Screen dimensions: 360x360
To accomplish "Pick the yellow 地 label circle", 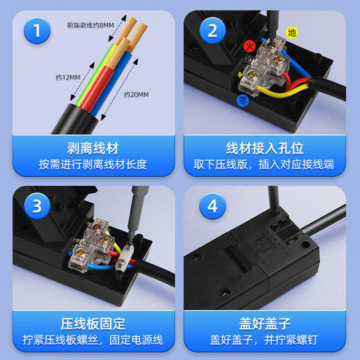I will coord(291,33).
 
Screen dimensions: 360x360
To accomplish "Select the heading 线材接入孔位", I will coord(269,148).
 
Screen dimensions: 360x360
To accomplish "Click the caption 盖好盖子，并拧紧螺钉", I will coord(269,339).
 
